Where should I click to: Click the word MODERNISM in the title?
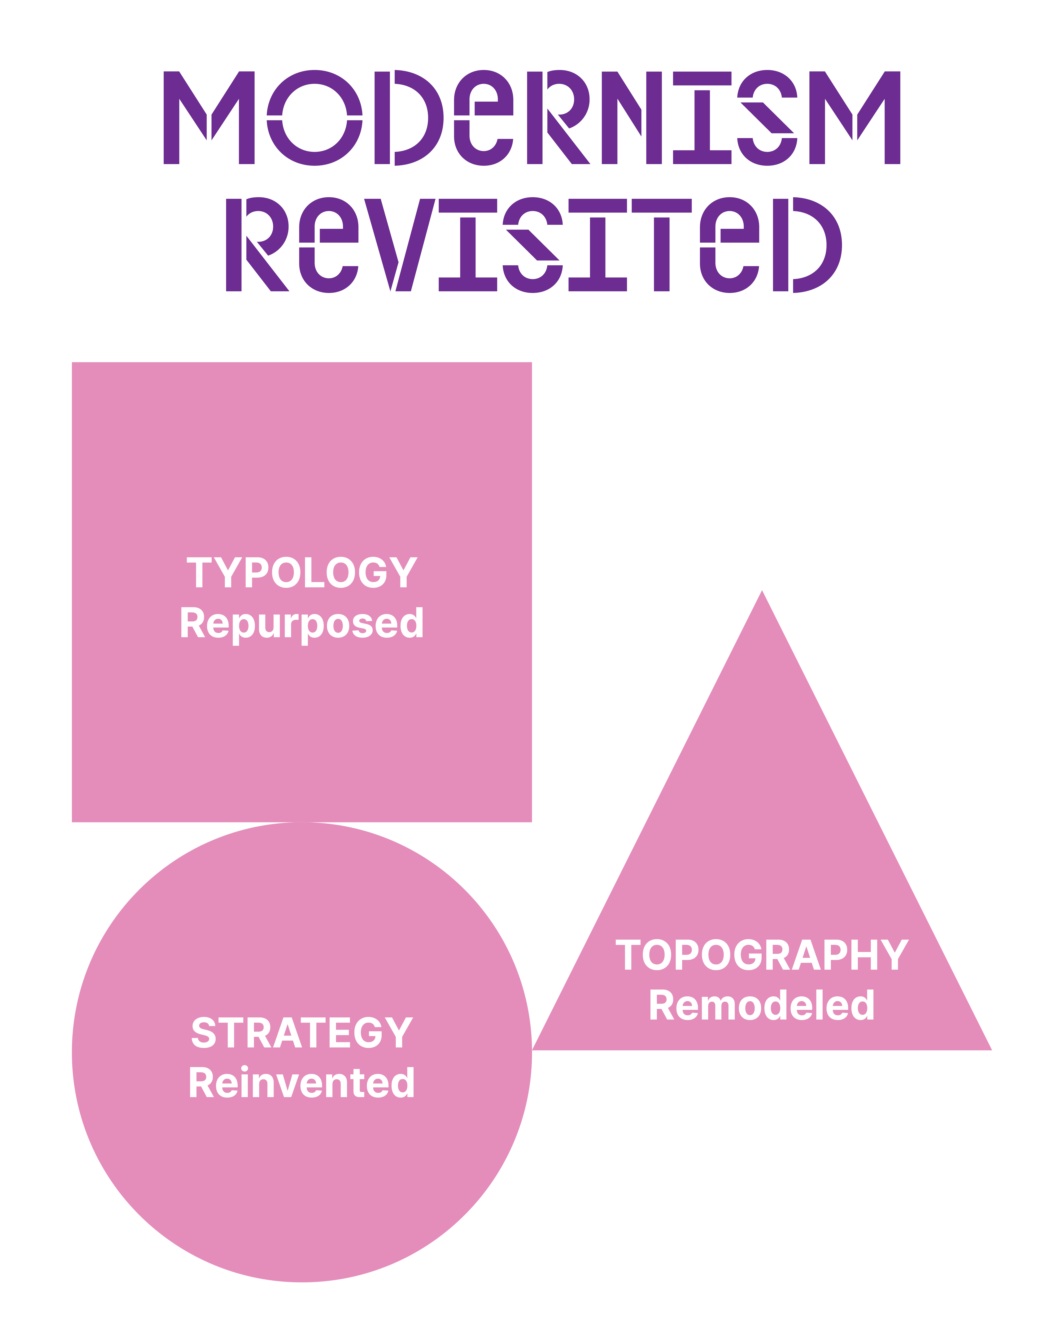pyautogui.click(x=532, y=118)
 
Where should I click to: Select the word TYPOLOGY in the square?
pyautogui.click(x=302, y=572)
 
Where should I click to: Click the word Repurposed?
pyautogui.click(x=302, y=625)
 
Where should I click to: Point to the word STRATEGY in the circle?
pyautogui.click(x=302, y=1033)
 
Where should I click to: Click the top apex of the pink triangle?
pyautogui.click(x=762, y=590)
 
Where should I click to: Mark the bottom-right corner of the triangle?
pyautogui.click(x=991, y=1050)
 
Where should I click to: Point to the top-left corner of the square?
pyautogui.click(x=72, y=363)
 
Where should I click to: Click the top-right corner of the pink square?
pyautogui.click(x=532, y=363)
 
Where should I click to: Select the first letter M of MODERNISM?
pyautogui.click(x=209, y=118)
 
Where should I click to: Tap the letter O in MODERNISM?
pyautogui.click(x=314, y=118)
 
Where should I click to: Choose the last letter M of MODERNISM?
pyautogui.click(x=855, y=118)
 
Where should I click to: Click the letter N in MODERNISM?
pyautogui.click(x=632, y=118)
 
